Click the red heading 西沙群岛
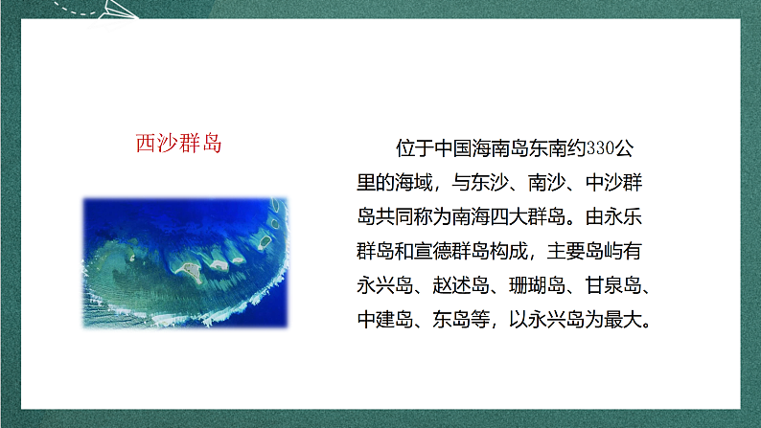click(179, 146)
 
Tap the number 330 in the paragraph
click(597, 148)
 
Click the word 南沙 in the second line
click(542, 179)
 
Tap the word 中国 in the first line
click(450, 148)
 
